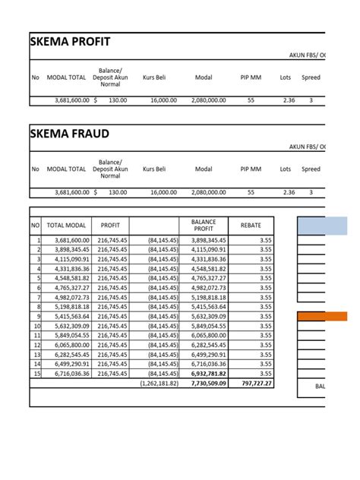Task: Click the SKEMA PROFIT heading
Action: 71,41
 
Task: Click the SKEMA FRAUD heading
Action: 69,134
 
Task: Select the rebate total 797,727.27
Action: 254,384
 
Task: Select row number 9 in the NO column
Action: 36,316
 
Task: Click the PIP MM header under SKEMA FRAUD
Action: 250,169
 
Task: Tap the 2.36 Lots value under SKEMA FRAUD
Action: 289,193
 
